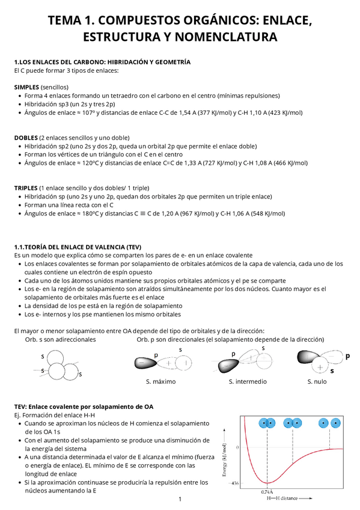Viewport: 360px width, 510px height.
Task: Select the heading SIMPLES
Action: click(x=26, y=87)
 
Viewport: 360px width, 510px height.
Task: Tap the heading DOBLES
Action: click(x=25, y=137)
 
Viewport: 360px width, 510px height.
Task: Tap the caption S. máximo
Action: click(x=161, y=381)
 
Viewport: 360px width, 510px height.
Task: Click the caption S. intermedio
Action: click(x=246, y=381)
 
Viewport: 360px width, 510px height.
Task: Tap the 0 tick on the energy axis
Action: click(x=237, y=448)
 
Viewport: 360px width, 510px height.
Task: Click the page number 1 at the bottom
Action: click(x=180, y=500)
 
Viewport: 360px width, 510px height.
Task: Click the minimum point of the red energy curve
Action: click(x=268, y=482)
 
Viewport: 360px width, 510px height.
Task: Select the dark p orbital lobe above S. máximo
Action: click(x=144, y=363)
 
